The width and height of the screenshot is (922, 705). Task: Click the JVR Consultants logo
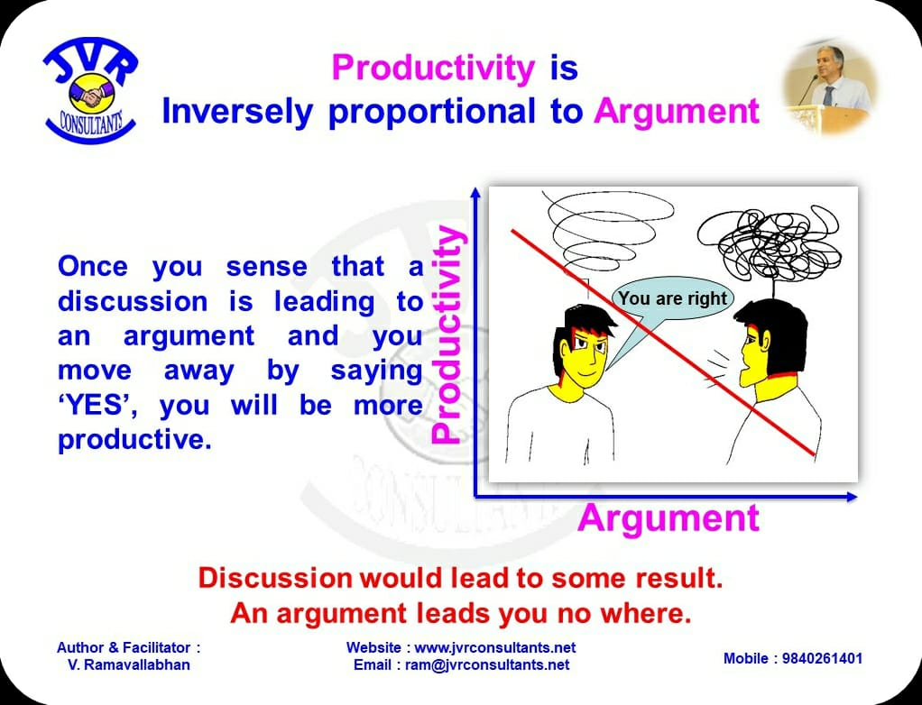point(90,92)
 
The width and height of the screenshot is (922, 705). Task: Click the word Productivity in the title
point(433,67)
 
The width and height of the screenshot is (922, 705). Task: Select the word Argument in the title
point(677,111)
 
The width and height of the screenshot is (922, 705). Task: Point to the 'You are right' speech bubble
point(672,299)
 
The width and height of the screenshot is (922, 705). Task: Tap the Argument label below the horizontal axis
point(668,518)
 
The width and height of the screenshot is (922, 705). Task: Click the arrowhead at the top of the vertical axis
point(475,193)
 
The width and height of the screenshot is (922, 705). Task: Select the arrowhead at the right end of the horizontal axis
point(852,497)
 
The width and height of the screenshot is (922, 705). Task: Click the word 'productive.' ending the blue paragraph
point(134,439)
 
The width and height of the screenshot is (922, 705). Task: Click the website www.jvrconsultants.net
point(495,647)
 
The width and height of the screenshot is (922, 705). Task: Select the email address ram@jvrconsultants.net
point(487,664)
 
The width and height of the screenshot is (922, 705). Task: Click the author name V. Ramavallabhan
point(129,664)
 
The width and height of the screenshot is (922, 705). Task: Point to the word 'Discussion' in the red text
point(274,578)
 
